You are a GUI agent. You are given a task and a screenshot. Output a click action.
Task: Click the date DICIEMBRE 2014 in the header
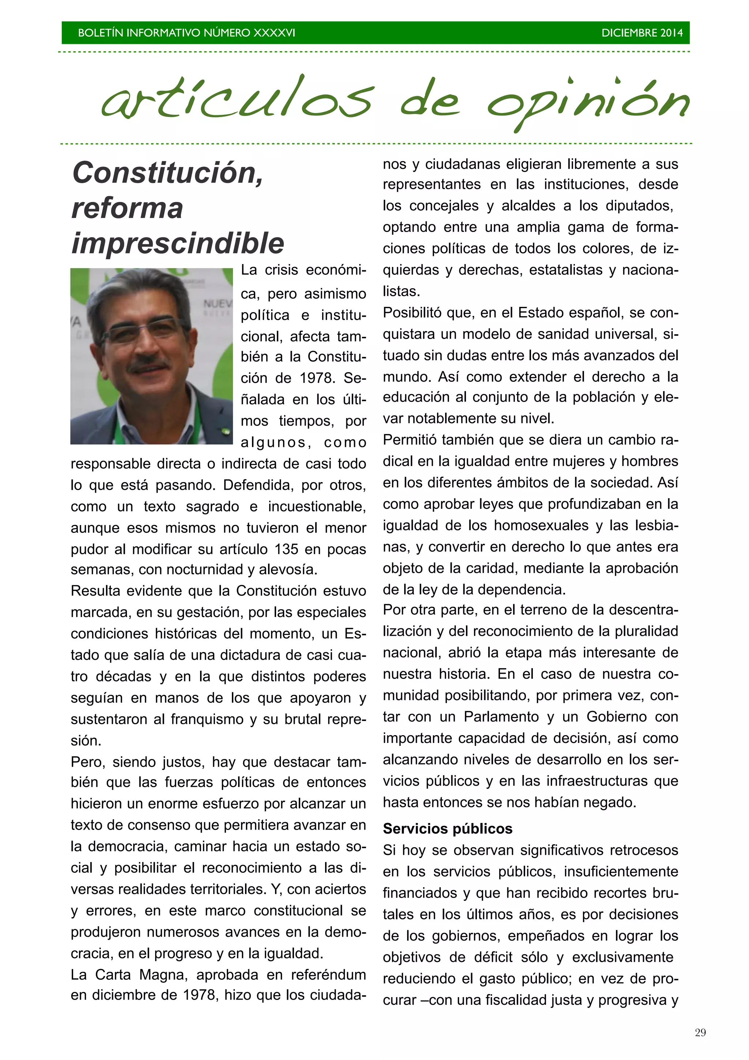(x=641, y=33)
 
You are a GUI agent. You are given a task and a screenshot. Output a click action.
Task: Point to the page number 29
(x=700, y=1032)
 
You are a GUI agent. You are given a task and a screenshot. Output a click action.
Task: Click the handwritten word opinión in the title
(x=588, y=102)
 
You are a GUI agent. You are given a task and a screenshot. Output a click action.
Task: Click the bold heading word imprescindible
(x=178, y=243)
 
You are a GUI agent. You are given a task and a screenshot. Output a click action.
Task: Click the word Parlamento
(x=501, y=717)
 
